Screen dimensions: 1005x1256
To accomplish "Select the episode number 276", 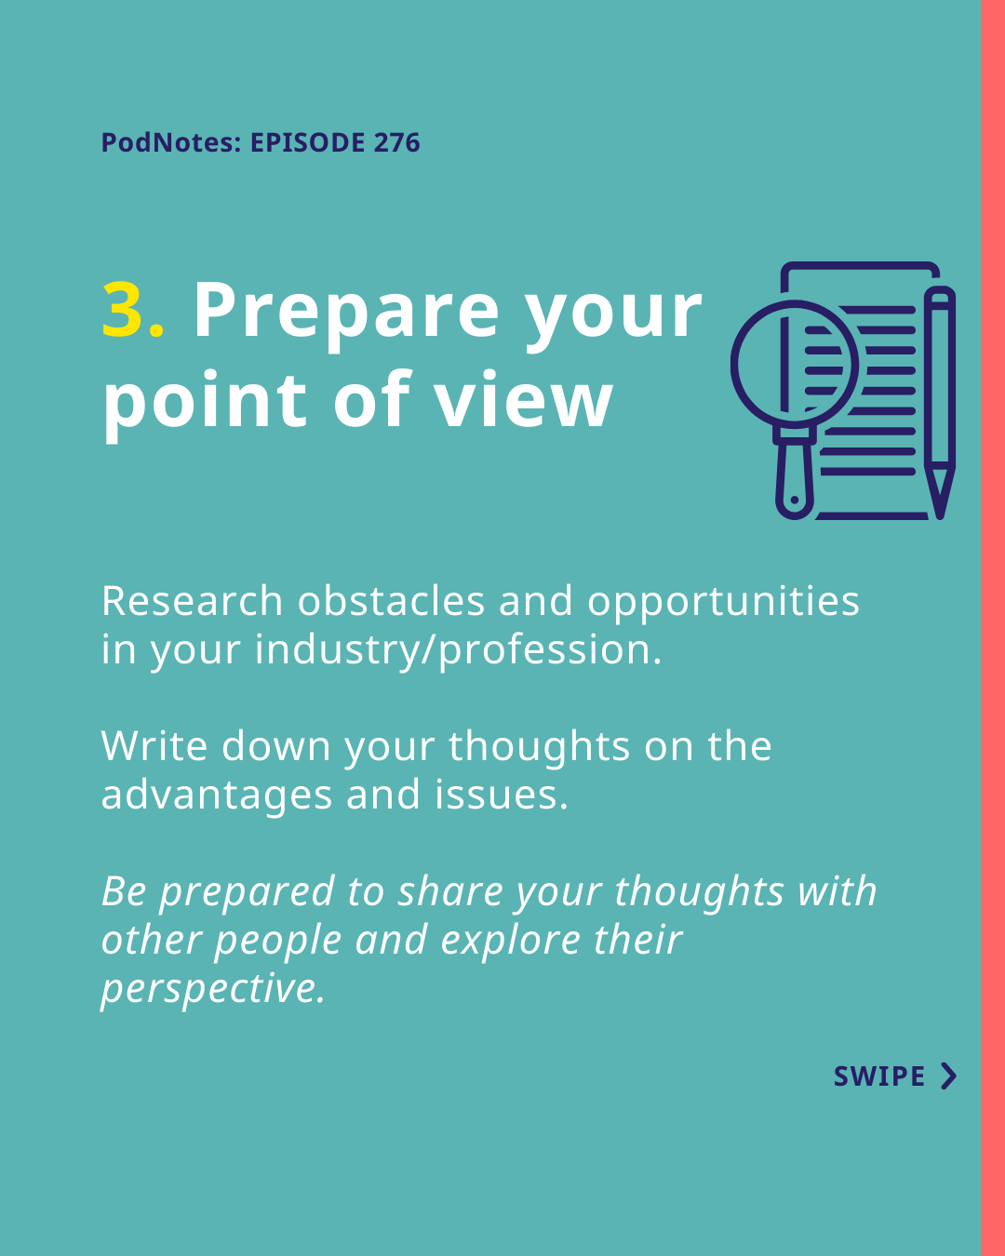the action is click(396, 142).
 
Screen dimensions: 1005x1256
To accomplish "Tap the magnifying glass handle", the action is click(794, 475).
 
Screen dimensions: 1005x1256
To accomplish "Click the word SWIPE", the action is click(878, 1076).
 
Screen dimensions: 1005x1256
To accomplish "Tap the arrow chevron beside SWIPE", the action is click(949, 1076).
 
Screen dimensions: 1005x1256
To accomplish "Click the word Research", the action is click(192, 601).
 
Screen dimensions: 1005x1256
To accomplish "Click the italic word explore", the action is click(510, 942).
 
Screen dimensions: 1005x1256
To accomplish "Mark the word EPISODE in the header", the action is click(308, 142).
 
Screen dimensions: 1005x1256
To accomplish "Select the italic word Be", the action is click(124, 891).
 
